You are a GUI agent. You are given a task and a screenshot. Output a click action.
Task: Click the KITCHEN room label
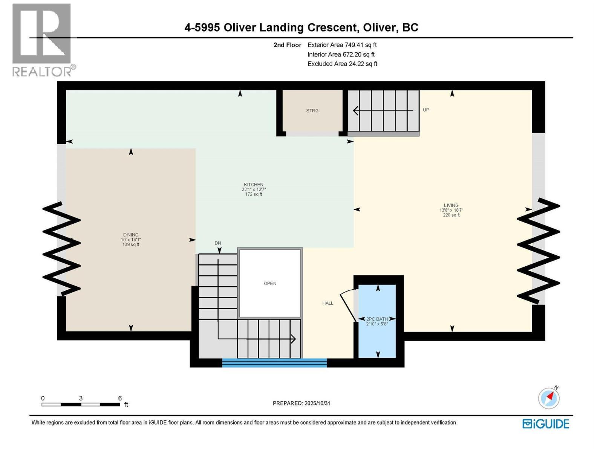pos(253,185)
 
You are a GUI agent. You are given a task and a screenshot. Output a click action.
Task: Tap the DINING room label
pos(131,235)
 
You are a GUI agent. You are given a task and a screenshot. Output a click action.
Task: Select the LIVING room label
pos(451,205)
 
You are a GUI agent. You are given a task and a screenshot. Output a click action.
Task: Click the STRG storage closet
pos(312,111)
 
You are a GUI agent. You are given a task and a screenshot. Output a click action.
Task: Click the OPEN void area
pos(270,283)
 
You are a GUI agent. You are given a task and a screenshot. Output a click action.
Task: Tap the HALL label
pos(328,303)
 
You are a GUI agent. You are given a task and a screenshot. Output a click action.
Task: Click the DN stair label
pos(218,243)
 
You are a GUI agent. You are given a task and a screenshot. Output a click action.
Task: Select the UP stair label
pos(426,110)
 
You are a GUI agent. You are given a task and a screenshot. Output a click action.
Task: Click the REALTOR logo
pos(42,40)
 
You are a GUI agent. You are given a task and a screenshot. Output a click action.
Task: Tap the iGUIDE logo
pos(546,424)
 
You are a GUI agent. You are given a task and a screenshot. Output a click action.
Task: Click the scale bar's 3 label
pos(81,398)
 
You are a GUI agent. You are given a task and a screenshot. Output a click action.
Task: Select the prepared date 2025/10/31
pos(301,403)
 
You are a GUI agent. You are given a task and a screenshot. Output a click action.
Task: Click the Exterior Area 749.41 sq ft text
pos(342,45)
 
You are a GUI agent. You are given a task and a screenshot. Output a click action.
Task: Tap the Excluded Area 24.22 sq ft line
pos(342,64)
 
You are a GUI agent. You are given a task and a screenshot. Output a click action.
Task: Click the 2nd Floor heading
pos(287,45)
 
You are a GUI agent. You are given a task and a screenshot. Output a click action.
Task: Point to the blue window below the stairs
pos(274,363)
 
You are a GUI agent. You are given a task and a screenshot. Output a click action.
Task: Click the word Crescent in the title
pos(332,27)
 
